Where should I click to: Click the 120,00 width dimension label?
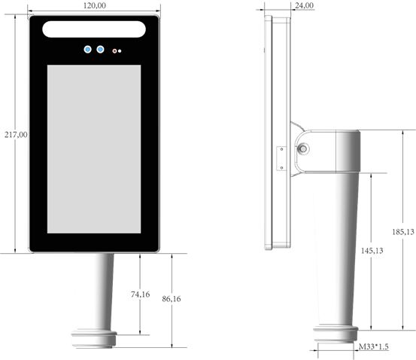click(95, 5)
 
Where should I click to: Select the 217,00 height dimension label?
click(16, 135)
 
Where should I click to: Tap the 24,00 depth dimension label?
click(305, 5)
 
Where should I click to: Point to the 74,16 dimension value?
click(141, 294)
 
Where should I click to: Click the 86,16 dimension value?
click(172, 299)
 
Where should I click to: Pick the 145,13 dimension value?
click(372, 251)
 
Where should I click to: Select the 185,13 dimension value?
click(403, 232)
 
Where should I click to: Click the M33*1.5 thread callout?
click(374, 346)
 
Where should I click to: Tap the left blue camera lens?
click(87, 50)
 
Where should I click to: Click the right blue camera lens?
click(100, 50)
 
